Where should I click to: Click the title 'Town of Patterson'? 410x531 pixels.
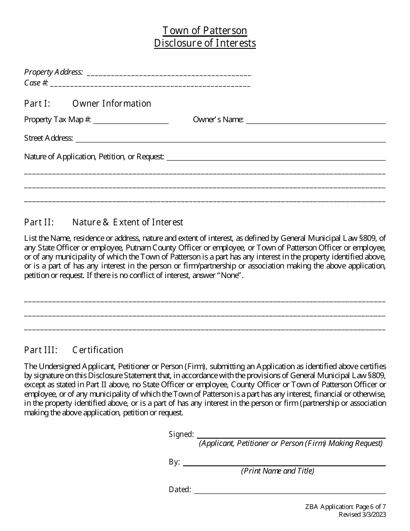click(x=205, y=31)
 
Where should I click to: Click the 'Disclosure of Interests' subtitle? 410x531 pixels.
click(x=205, y=43)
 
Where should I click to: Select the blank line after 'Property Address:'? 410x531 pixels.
click(x=169, y=73)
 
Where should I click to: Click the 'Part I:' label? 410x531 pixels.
click(x=38, y=104)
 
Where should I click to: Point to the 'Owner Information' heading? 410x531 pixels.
click(x=112, y=104)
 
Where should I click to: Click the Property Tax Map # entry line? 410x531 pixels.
click(x=131, y=121)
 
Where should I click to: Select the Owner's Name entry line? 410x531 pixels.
click(x=315, y=121)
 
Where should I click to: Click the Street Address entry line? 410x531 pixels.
click(x=230, y=140)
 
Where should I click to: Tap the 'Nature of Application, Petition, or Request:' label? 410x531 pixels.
click(x=94, y=157)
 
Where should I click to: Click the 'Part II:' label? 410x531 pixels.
click(x=39, y=222)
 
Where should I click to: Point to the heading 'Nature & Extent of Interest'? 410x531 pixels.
click(x=128, y=222)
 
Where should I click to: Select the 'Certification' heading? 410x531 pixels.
click(x=98, y=350)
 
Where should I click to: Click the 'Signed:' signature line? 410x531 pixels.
click(x=291, y=436)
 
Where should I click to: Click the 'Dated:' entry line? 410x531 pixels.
click(x=290, y=491)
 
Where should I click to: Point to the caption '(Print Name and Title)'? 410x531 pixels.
click(x=278, y=471)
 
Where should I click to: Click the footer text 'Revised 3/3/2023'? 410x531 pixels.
click(x=362, y=514)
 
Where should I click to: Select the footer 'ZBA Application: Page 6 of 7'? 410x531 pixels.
click(x=353, y=507)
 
